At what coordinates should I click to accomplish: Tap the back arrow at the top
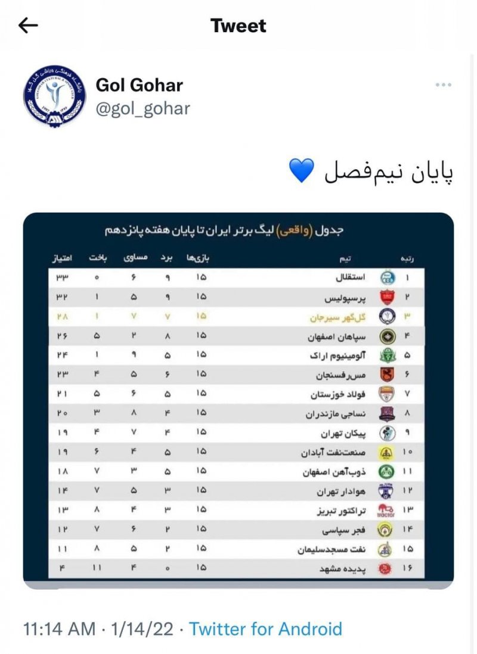click(x=28, y=25)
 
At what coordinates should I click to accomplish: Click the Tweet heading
click(x=238, y=26)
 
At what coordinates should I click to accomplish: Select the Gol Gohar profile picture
click(x=46, y=96)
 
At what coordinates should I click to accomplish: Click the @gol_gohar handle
click(x=143, y=108)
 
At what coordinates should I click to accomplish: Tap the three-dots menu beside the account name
click(x=443, y=85)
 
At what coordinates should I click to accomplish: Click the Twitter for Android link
click(x=266, y=629)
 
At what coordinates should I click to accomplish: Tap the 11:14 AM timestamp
click(x=59, y=629)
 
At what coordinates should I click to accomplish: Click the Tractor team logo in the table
click(x=386, y=511)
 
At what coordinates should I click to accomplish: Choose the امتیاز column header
click(x=61, y=259)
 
